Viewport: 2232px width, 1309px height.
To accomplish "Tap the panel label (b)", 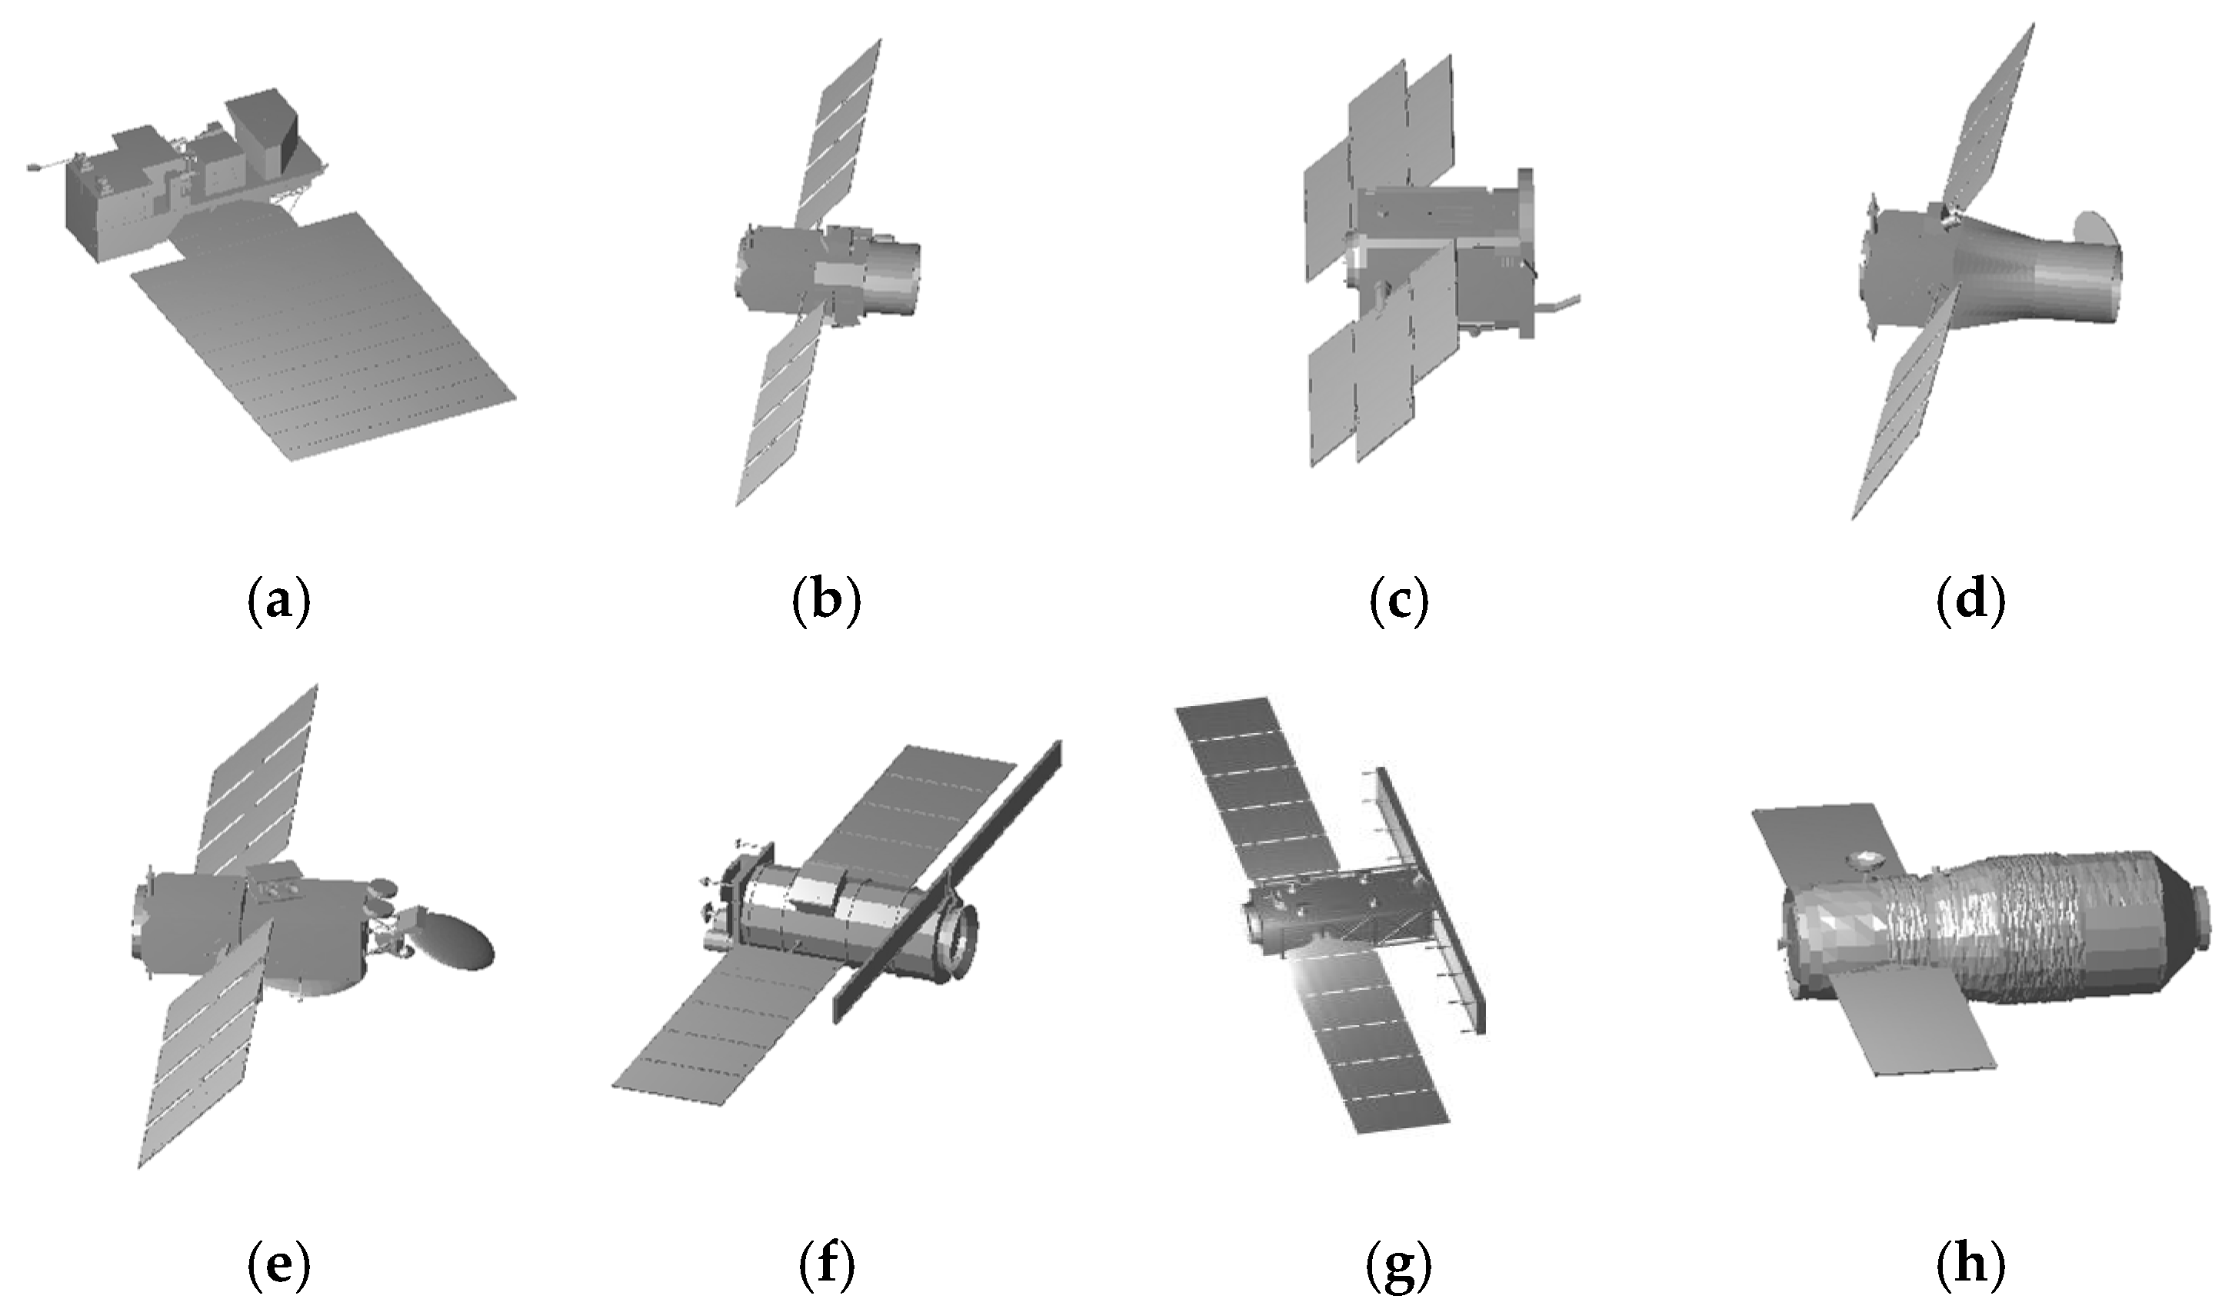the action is (x=825, y=601).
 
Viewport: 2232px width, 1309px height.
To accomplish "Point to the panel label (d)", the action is (x=1970, y=601).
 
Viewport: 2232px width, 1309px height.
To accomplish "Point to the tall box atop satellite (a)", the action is (x=262, y=133).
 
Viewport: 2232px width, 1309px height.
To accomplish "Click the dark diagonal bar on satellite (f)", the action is (x=948, y=881).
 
